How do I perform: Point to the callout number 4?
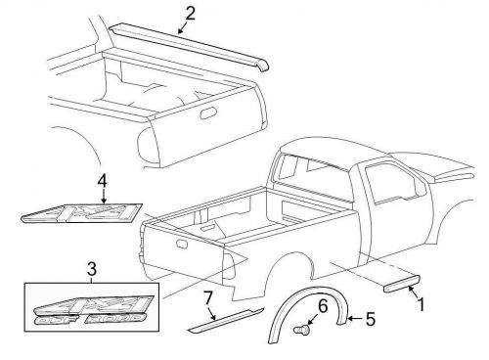tap(102, 180)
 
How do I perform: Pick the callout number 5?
tap(369, 319)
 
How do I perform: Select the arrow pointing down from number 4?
tap(102, 195)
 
